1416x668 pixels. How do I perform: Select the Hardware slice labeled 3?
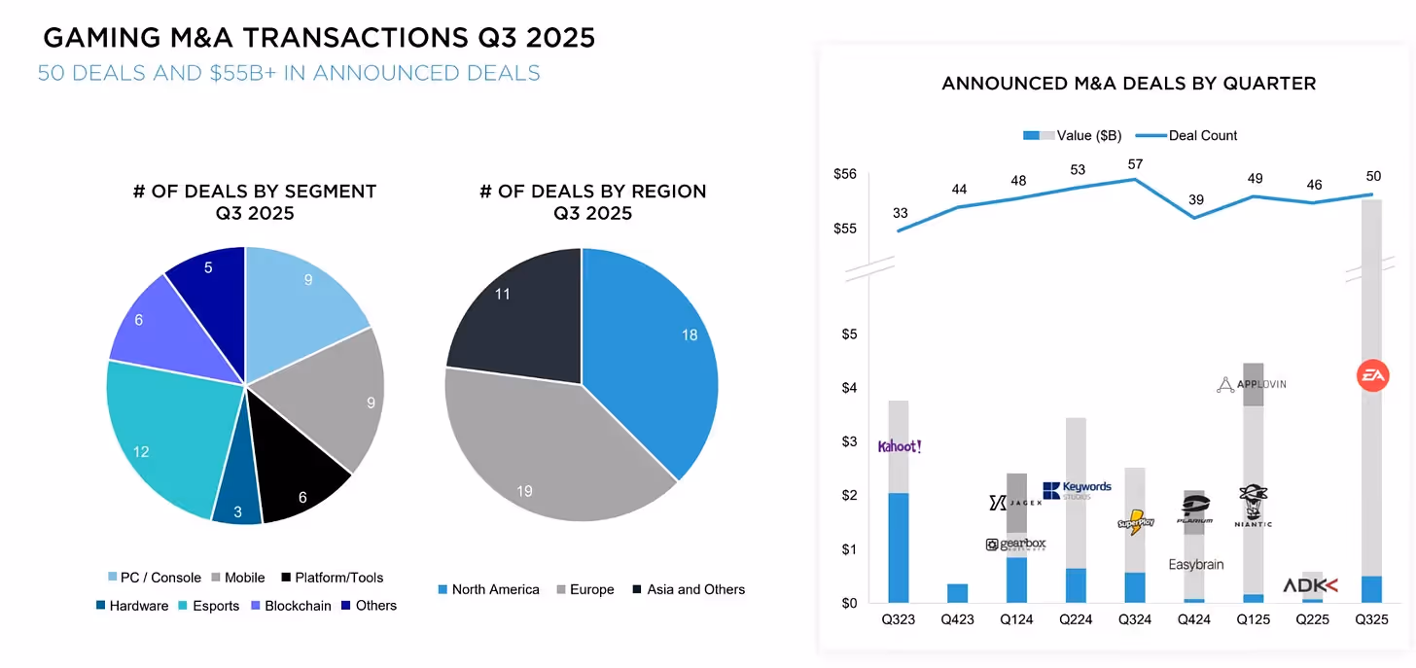(x=235, y=501)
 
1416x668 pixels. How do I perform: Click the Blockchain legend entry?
(x=291, y=606)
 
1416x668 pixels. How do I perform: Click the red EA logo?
(x=1372, y=375)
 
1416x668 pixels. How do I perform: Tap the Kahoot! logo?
(x=899, y=446)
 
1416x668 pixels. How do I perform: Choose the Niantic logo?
(x=1253, y=506)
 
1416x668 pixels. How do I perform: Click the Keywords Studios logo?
(x=1077, y=490)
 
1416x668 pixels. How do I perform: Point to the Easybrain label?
(x=1195, y=565)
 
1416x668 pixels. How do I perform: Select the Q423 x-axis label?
(x=958, y=619)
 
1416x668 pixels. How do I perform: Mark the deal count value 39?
(x=1195, y=200)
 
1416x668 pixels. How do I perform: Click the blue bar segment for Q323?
(x=899, y=547)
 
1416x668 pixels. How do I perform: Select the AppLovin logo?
(x=1252, y=384)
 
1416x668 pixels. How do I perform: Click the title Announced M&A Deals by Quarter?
(x=1128, y=84)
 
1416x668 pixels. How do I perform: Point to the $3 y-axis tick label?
(x=849, y=442)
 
